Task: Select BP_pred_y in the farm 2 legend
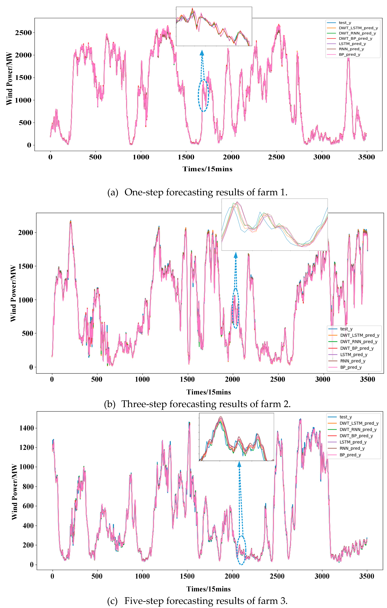pos(351,367)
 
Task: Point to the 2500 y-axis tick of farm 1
pos(23,33)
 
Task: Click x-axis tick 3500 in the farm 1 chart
pos(366,157)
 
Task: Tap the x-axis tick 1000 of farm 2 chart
pos(142,379)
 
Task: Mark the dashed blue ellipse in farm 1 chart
pos(203,95)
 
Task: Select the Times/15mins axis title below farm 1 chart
pos(207,169)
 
